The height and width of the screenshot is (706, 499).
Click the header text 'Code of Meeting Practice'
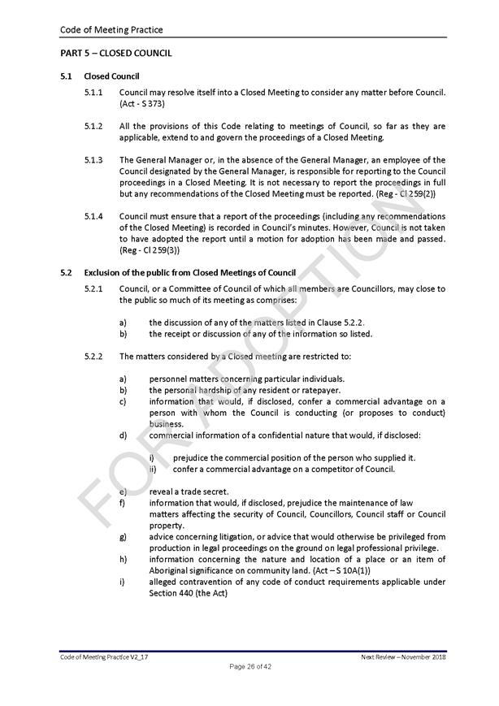click(111, 30)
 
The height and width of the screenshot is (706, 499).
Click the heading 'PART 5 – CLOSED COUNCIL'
click(115, 54)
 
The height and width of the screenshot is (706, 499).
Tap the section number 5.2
click(67, 272)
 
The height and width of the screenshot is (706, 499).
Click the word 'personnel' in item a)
click(168, 379)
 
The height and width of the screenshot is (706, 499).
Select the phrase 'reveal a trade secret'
click(189, 492)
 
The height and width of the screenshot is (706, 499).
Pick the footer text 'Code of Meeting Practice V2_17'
click(104, 656)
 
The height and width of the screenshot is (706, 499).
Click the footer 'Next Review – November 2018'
click(403, 656)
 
